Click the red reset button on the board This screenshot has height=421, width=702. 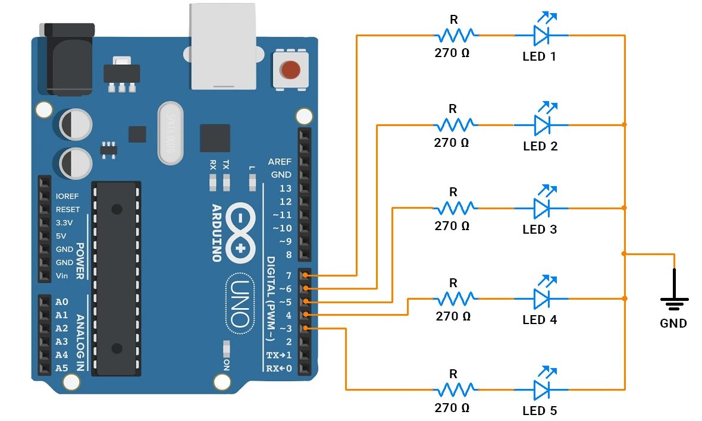290,70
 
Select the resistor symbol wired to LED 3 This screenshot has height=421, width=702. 455,208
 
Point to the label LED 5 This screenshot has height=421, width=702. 540,410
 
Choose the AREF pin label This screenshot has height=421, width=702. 280,162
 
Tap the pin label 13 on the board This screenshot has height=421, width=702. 285,188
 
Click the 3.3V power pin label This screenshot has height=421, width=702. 64,223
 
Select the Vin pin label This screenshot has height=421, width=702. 62,275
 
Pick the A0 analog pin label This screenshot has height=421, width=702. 62,302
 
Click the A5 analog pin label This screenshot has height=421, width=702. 62,368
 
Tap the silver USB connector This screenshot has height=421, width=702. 224,46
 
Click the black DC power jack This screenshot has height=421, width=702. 67,59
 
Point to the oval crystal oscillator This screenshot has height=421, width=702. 171,133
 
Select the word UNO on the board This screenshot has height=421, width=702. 240,304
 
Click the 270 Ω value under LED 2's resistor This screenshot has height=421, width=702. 452,143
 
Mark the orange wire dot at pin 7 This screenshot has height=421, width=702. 305,275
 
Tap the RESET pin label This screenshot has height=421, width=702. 68,209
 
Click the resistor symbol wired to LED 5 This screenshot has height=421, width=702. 455,389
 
